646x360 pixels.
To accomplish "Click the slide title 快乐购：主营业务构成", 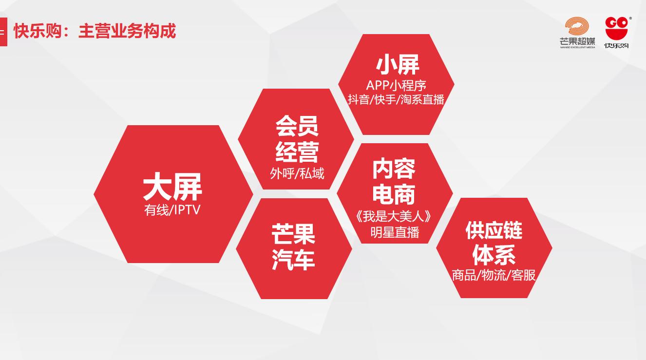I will click(x=95, y=31).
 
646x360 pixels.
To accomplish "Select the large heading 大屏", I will click(x=172, y=188).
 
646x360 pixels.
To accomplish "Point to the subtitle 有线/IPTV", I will click(x=172, y=210).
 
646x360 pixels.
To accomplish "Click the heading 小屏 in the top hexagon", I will click(x=397, y=64).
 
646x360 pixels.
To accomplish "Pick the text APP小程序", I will click(x=396, y=85).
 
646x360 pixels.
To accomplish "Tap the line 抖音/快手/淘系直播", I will click(x=396, y=99).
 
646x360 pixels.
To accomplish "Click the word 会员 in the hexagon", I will click(x=297, y=126).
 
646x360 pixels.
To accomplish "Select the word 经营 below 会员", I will click(x=297, y=151).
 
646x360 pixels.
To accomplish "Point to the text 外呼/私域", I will click(x=297, y=173).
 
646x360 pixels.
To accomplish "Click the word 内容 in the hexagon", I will click(x=394, y=169).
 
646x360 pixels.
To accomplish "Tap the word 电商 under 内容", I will click(x=394, y=193).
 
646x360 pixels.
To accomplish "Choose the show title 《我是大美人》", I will click(x=394, y=216).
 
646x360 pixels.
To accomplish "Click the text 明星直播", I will click(x=394, y=232).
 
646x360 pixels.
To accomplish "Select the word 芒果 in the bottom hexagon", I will click(x=293, y=235).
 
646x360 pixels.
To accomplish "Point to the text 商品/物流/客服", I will click(x=494, y=275).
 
